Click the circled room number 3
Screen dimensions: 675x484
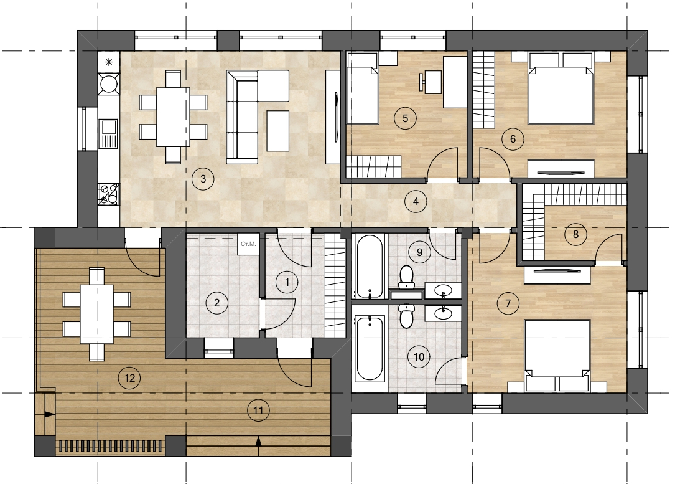(203, 178)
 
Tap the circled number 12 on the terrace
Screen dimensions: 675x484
(129, 378)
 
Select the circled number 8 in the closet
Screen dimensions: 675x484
(575, 234)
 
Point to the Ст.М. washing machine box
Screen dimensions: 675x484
(248, 244)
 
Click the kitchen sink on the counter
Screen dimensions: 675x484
(108, 133)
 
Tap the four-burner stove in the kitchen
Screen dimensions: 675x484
(108, 194)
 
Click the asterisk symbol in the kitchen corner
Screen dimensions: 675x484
(109, 62)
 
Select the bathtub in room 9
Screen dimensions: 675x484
(370, 267)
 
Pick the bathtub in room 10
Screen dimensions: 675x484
(370, 348)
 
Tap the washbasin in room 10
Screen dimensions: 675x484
(443, 313)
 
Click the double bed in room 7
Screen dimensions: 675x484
(557, 356)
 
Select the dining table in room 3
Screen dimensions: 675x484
(173, 117)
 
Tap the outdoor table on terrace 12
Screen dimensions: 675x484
(97, 314)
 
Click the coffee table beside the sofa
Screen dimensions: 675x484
(277, 131)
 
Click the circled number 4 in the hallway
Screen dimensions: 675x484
(416, 201)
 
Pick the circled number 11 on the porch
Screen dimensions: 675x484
(258, 410)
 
